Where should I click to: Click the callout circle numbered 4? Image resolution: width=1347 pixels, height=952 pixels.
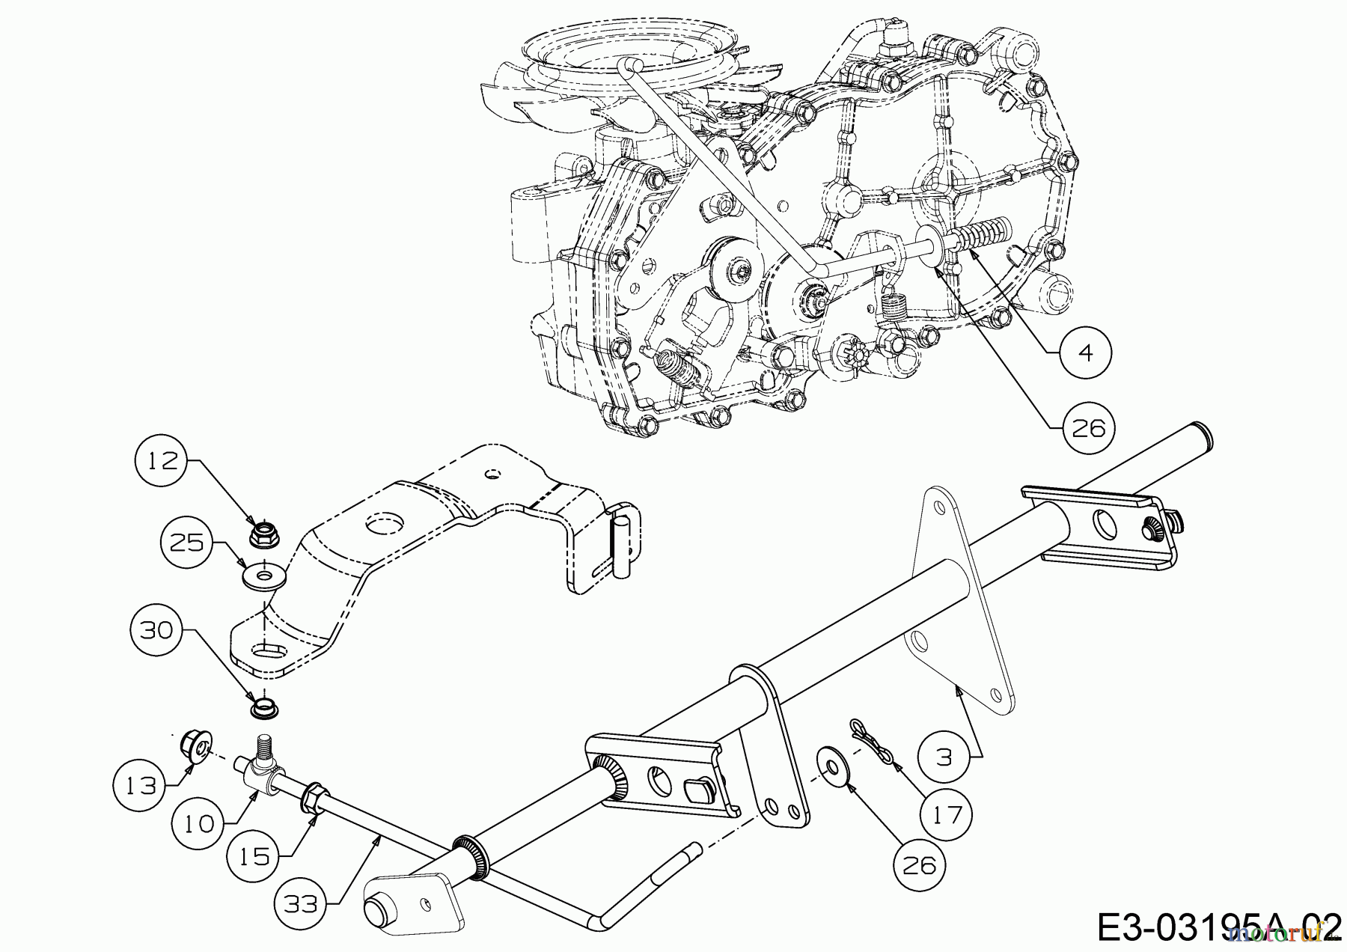[x=1086, y=351]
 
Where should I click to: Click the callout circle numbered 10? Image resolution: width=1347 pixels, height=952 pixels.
[x=198, y=823]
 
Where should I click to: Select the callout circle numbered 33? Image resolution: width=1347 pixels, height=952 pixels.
[x=302, y=903]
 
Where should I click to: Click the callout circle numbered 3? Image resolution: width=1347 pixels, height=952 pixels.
[x=944, y=757]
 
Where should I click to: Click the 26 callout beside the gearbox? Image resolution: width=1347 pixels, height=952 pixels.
[x=1088, y=428]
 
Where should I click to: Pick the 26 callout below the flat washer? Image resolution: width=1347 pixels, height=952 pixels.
[x=920, y=865]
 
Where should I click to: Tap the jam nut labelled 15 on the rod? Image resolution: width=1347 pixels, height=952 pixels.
[x=314, y=797]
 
